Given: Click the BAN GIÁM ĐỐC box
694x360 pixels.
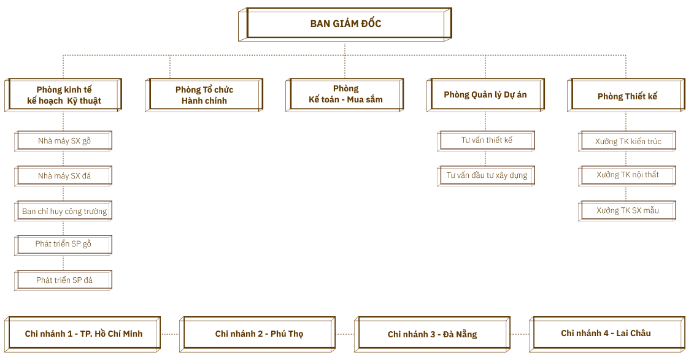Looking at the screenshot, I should coord(345,25).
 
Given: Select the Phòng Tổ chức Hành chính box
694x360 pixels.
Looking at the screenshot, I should coord(204,95).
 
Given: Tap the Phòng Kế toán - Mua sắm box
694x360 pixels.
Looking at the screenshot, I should coord(345,94).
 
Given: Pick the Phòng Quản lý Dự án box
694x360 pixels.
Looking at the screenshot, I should coord(485,94).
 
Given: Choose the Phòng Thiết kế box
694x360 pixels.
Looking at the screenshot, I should coord(627,96).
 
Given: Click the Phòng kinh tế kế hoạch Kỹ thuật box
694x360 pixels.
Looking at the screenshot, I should coord(64,95).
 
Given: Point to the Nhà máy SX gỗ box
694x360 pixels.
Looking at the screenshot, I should coord(64,141).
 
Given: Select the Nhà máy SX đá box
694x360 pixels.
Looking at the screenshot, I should coord(64,176).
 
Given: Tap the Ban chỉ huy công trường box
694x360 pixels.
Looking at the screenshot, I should coord(64,212).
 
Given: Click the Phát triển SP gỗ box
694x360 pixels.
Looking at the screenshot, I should coord(64,244).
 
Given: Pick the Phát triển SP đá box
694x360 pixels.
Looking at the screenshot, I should coord(64,280).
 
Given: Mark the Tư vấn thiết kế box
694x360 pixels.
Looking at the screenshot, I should coord(487,140).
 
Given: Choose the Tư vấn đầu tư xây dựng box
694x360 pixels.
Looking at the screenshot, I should coord(487,175).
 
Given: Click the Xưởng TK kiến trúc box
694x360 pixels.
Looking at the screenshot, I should coord(628,142).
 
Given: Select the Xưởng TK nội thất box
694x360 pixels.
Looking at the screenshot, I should coord(628,175).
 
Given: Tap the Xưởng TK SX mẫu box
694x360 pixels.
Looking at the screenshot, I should coord(628,211).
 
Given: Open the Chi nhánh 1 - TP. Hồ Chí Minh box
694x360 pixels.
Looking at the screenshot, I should coord(83,334).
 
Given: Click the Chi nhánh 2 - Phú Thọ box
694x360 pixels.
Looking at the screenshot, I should coord(259,334).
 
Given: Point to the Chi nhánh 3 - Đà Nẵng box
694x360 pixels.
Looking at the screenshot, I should coord(433,334).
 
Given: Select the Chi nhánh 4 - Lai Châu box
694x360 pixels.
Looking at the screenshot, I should coord(606,334).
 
